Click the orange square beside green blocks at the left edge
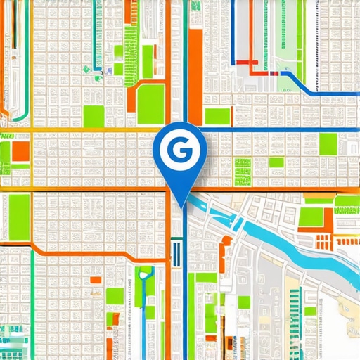[21, 151]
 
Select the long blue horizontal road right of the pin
[281, 129]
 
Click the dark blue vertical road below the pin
[185, 295]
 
